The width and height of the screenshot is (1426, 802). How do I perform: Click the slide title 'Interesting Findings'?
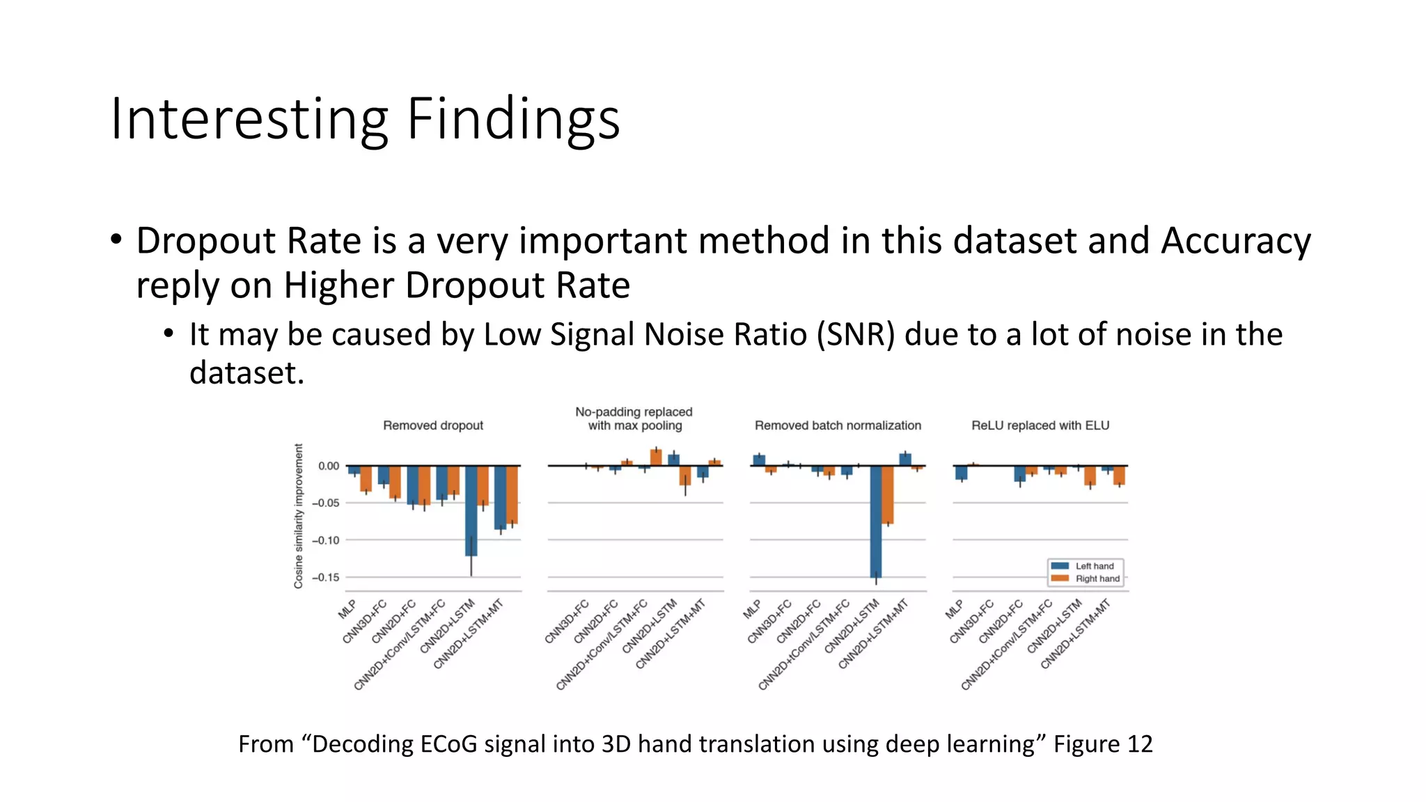pyautogui.click(x=365, y=120)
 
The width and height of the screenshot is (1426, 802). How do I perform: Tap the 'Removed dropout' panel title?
pyautogui.click(x=432, y=425)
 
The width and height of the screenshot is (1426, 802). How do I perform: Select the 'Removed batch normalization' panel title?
pyautogui.click(x=838, y=425)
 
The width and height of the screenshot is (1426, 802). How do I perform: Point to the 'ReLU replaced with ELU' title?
pyautogui.click(x=1040, y=425)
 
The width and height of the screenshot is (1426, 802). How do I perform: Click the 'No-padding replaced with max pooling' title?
pyautogui.click(x=634, y=418)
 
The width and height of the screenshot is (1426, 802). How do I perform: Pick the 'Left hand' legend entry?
pyautogui.click(x=1094, y=566)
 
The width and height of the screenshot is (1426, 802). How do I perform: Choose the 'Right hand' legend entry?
pyautogui.click(x=1097, y=579)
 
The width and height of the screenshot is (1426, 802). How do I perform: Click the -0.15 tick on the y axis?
pyautogui.click(x=325, y=577)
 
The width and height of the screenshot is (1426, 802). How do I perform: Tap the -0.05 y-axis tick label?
pyautogui.click(x=325, y=503)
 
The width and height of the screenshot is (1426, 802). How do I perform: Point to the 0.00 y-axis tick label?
pyautogui.click(x=329, y=466)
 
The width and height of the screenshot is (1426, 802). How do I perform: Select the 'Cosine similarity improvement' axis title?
pyautogui.click(x=299, y=516)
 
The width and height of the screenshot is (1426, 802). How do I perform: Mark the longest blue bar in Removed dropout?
pyautogui.click(x=471, y=510)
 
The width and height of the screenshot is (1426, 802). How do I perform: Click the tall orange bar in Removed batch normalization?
pyautogui.click(x=888, y=494)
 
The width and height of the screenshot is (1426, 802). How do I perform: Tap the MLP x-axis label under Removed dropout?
pyautogui.click(x=347, y=608)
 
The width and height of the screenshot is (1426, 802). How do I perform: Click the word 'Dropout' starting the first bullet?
pyautogui.click(x=207, y=241)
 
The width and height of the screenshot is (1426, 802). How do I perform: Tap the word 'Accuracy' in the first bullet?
pyautogui.click(x=1235, y=241)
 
